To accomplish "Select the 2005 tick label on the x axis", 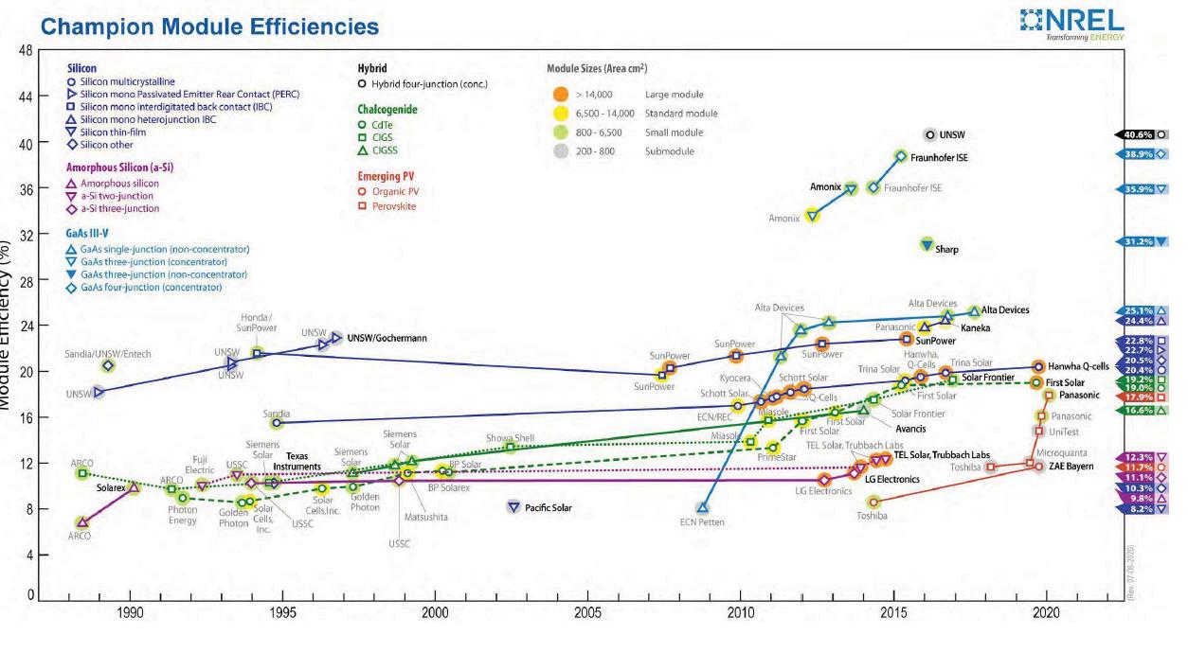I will point(587,613).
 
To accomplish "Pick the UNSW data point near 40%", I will point(930,135).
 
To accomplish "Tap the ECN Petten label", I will point(702,521).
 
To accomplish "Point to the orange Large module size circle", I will point(561,95).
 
